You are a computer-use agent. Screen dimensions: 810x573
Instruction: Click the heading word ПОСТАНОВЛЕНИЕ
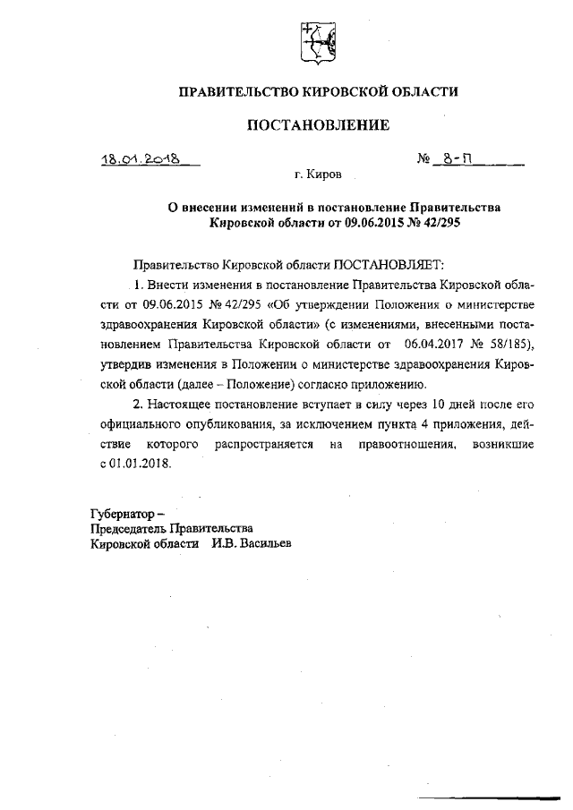point(318,125)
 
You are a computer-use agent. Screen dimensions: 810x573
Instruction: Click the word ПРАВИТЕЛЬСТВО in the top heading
point(231,91)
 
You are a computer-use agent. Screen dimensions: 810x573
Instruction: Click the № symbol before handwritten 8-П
point(425,161)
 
